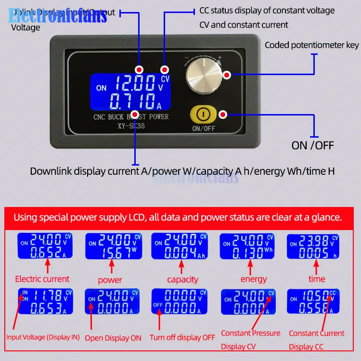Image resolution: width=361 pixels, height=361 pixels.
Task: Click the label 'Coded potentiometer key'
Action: [311, 45]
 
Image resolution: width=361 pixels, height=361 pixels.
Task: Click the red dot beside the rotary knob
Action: [227, 75]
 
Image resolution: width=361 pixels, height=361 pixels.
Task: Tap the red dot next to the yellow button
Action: [223, 115]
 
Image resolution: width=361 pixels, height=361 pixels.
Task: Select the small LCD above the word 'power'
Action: [111, 246]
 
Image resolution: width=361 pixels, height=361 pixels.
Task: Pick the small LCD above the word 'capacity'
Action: [179, 246]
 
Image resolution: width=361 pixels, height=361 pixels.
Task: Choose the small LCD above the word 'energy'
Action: [247, 246]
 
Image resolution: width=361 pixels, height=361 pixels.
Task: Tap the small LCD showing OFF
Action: [179, 302]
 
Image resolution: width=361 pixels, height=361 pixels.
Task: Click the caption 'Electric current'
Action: [42, 279]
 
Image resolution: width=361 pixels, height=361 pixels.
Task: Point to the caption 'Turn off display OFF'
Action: [182, 337]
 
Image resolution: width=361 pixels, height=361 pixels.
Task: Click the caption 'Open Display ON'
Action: [113, 338]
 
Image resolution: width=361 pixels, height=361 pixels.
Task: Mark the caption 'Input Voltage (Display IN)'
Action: [43, 337]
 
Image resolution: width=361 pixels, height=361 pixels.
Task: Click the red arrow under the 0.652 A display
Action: [47, 265]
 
